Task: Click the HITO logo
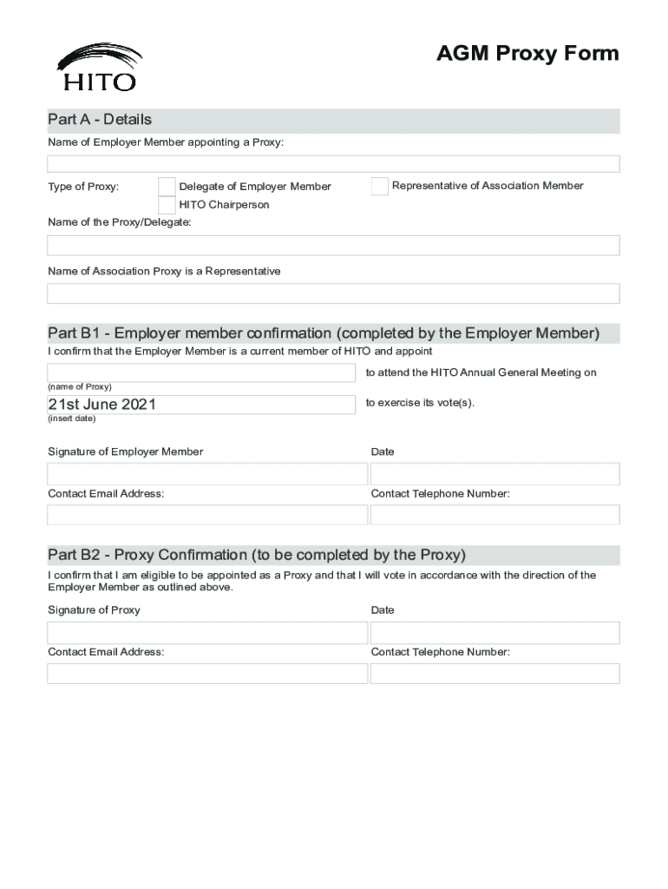(x=98, y=67)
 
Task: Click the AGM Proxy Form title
(x=527, y=54)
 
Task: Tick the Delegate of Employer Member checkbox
(x=167, y=186)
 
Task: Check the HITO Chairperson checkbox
(x=167, y=205)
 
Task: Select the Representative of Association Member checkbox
(x=379, y=186)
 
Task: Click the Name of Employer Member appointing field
(x=333, y=164)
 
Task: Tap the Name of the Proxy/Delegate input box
(x=333, y=246)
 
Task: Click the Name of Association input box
(x=333, y=293)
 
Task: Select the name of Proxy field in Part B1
(x=201, y=372)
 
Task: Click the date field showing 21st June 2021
(x=201, y=405)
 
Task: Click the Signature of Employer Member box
(x=207, y=474)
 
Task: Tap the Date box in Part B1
(x=494, y=474)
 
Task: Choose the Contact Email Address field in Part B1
(x=207, y=515)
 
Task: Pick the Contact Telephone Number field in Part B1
(x=494, y=515)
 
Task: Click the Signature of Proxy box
(x=207, y=632)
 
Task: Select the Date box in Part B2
(x=494, y=632)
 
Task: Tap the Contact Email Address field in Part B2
(x=207, y=674)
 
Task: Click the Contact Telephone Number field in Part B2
(x=494, y=674)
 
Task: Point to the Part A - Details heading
(x=100, y=120)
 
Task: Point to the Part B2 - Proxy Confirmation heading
(x=257, y=555)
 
